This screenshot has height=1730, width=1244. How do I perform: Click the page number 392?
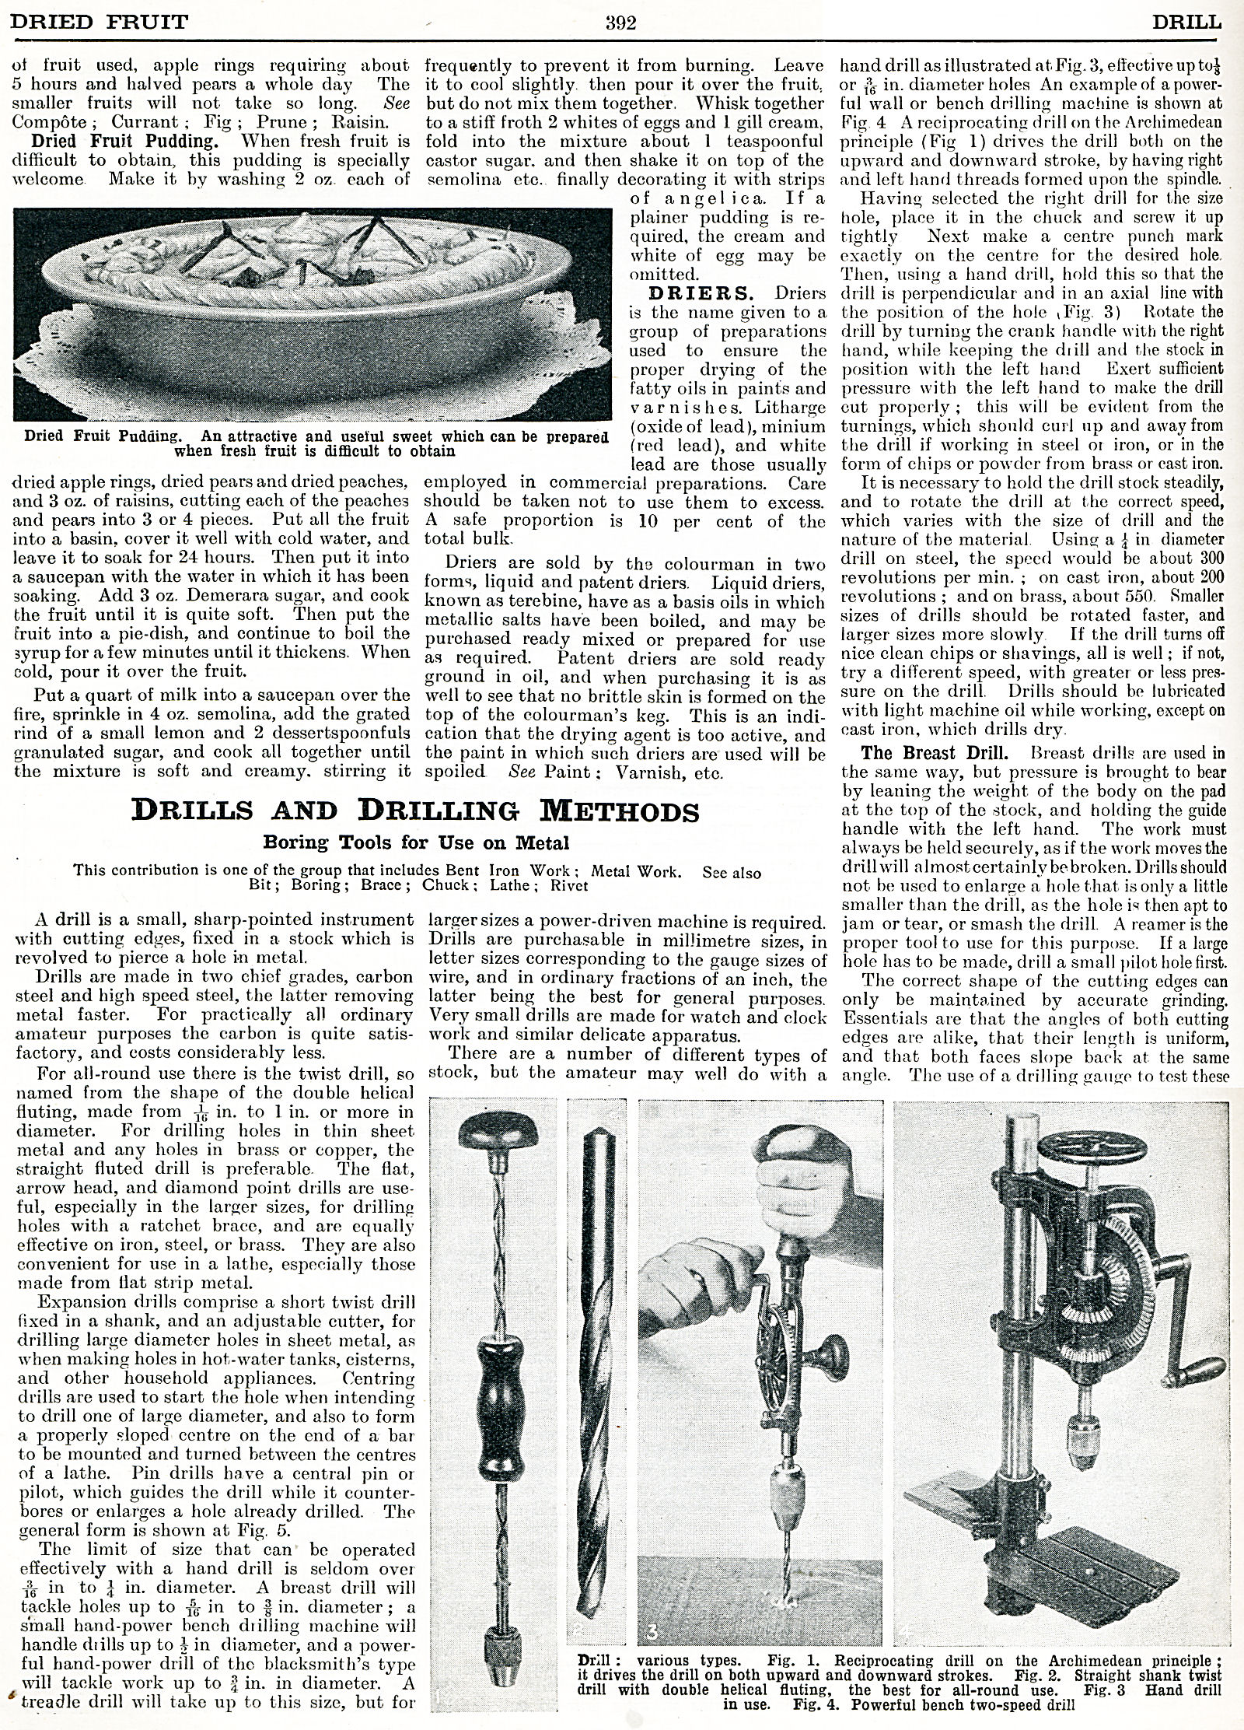pos(621,23)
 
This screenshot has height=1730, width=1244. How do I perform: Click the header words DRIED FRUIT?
pos(99,23)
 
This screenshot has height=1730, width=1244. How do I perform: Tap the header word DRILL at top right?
pos(1186,23)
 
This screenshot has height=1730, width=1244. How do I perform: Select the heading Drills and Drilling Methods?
pos(415,811)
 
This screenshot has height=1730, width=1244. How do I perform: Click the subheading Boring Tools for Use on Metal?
pos(416,842)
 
